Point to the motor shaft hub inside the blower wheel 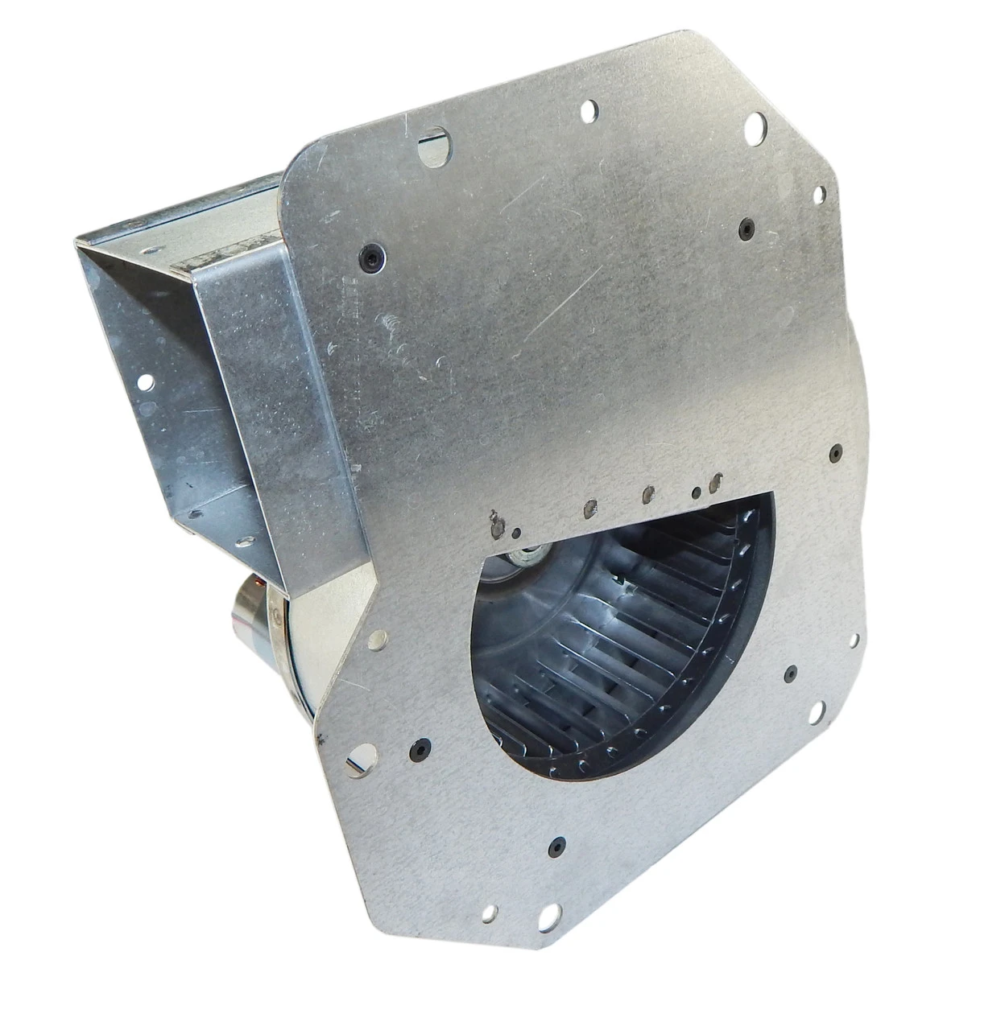pyautogui.click(x=531, y=554)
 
